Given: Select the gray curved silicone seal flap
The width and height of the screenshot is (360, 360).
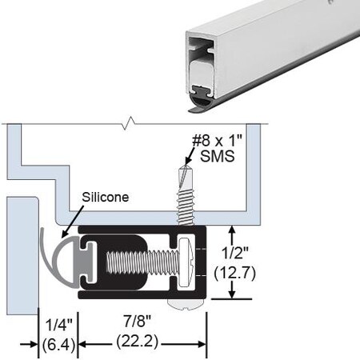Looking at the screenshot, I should [x=46, y=252].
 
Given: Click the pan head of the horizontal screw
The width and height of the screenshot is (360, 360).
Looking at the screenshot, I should [x=184, y=262].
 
